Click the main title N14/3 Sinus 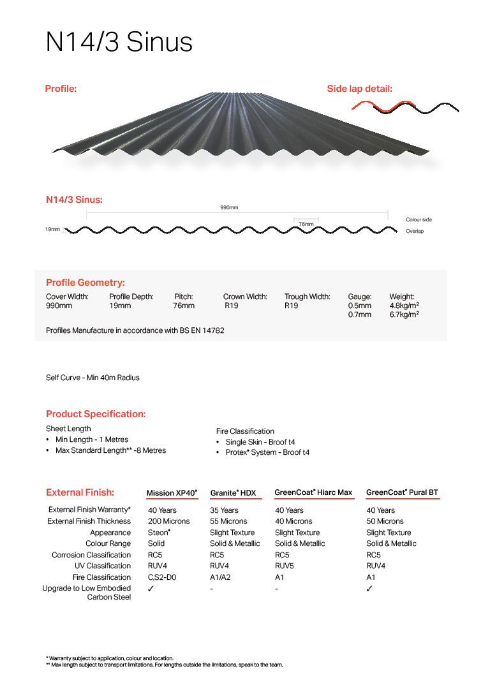pyautogui.click(x=119, y=42)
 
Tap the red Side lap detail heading pyautogui.click(x=359, y=89)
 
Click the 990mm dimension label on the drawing pyautogui.click(x=229, y=208)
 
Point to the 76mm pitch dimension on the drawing pyautogui.click(x=306, y=224)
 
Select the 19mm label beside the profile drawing pyautogui.click(x=52, y=229)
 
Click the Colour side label pyautogui.click(x=419, y=219)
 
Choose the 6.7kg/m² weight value pyautogui.click(x=404, y=314)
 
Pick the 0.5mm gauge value pyautogui.click(x=359, y=306)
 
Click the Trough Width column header pyautogui.click(x=307, y=297)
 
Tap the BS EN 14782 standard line pyautogui.click(x=135, y=330)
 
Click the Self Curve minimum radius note pyautogui.click(x=93, y=378)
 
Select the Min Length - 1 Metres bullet pyautogui.click(x=92, y=439)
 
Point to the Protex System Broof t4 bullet pyautogui.click(x=267, y=453)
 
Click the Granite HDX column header pyautogui.click(x=233, y=493)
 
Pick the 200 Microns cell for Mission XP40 pyautogui.click(x=168, y=521)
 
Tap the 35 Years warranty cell pyautogui.click(x=224, y=510)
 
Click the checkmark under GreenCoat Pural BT pyautogui.click(x=369, y=589)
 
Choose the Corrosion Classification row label pyautogui.click(x=91, y=555)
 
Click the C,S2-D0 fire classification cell pyautogui.click(x=162, y=577)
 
